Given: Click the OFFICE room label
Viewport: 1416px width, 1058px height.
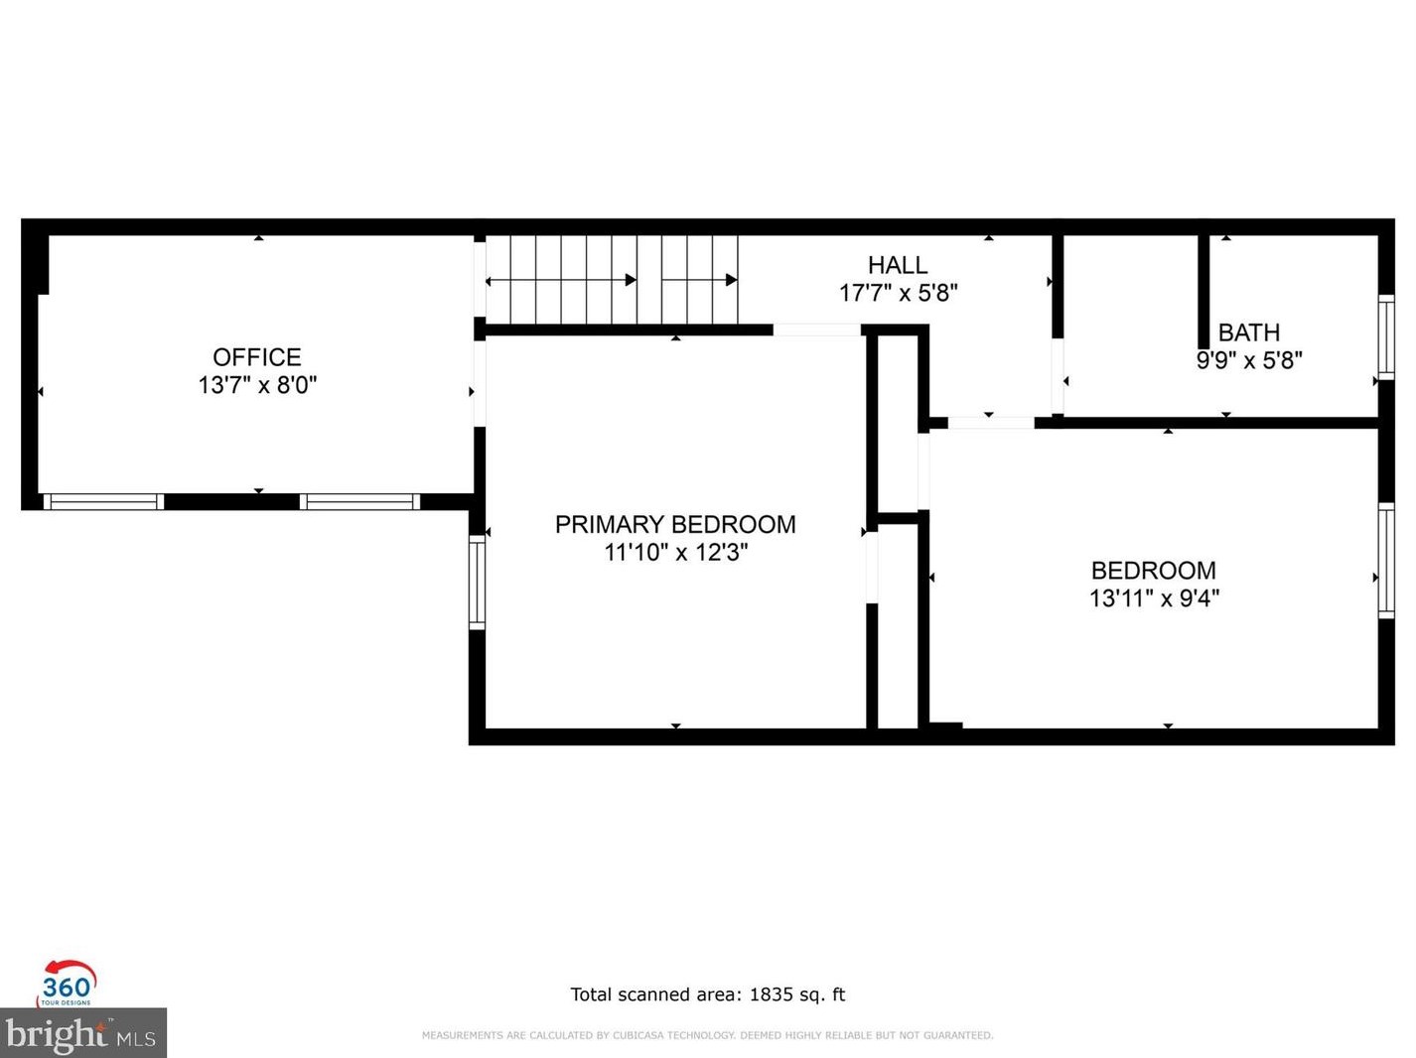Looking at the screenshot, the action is pos(257,357).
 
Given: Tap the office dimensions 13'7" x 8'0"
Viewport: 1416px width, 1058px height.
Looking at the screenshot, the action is pos(257,385).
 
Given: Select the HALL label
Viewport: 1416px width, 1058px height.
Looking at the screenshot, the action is pos(898,265).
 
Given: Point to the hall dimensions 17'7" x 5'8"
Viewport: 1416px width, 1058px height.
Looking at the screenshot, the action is pos(898,294).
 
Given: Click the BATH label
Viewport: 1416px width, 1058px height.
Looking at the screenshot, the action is pos(1248,332).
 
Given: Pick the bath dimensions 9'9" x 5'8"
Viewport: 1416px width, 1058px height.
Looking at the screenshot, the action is pos(1249,359).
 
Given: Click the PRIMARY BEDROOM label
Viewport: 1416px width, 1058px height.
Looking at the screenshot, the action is pos(675,525).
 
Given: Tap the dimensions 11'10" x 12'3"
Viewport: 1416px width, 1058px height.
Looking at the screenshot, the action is pos(675,553).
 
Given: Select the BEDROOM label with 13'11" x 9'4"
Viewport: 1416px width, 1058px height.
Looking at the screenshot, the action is pos(1154,571).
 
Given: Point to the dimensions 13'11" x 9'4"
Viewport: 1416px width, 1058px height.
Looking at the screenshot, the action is pos(1154,598).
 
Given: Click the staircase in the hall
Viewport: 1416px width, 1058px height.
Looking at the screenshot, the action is pos(612,279).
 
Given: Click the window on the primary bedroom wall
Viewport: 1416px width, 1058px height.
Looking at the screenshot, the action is pos(477,583).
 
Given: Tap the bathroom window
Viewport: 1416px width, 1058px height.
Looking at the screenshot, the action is pos(1385,337).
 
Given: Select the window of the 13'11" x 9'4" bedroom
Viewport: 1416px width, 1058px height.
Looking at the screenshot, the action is pos(1385,561).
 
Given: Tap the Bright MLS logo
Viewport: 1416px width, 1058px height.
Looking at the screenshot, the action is pos(82,1033).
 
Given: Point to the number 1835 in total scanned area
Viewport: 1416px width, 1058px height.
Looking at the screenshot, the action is pos(771,994).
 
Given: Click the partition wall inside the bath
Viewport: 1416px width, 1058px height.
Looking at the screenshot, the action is pos(1204,301).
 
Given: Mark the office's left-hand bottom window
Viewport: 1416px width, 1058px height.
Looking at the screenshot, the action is pos(103,501).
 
